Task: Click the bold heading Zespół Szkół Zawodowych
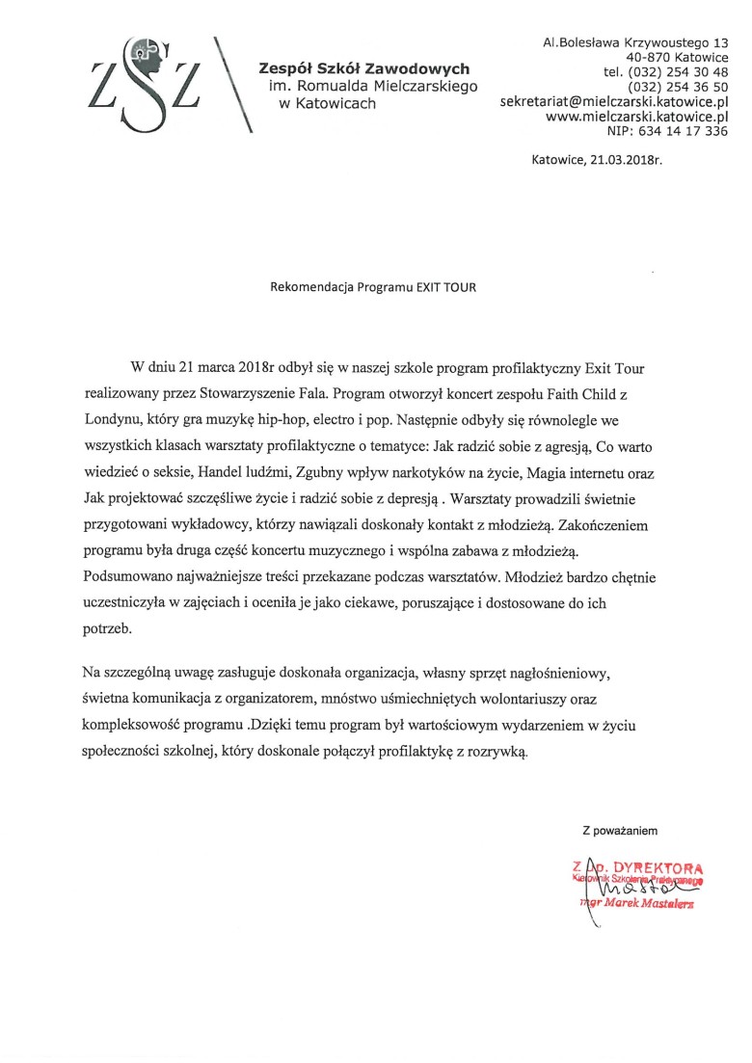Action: point(364,68)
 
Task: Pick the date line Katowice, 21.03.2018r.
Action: point(597,162)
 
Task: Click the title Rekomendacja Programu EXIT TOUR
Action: point(373,286)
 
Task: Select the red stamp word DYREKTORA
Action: point(655,865)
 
